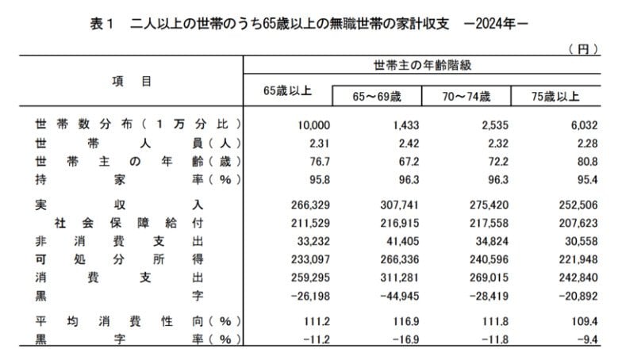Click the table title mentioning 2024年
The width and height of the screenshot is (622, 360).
(x=309, y=25)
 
